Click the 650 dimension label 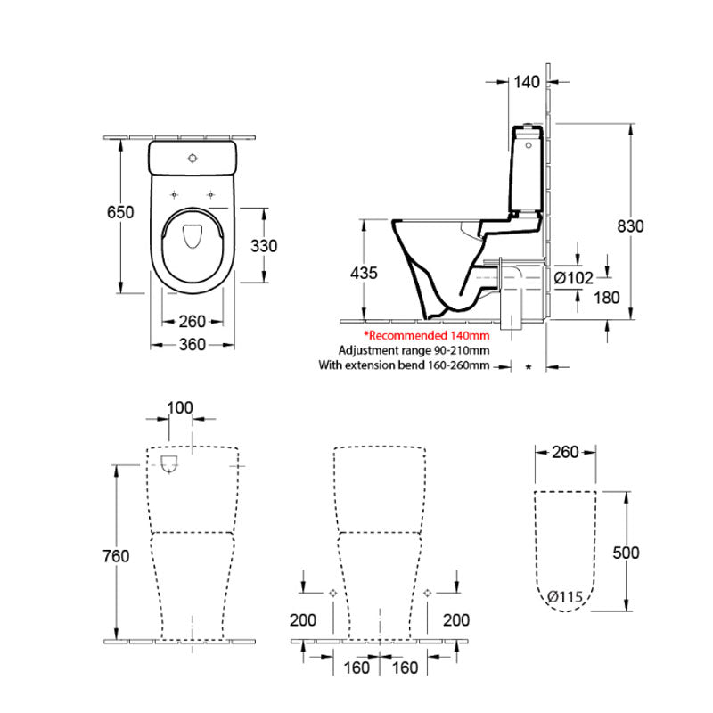(x=120, y=212)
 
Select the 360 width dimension (x=192, y=345)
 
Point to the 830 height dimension (x=630, y=225)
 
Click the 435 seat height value (x=364, y=273)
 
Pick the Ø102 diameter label (x=573, y=278)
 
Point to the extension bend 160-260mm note (x=405, y=365)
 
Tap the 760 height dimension (x=117, y=556)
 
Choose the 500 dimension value (x=627, y=553)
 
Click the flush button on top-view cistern (x=193, y=160)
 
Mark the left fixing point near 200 (x=332, y=593)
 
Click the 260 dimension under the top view (x=192, y=321)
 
